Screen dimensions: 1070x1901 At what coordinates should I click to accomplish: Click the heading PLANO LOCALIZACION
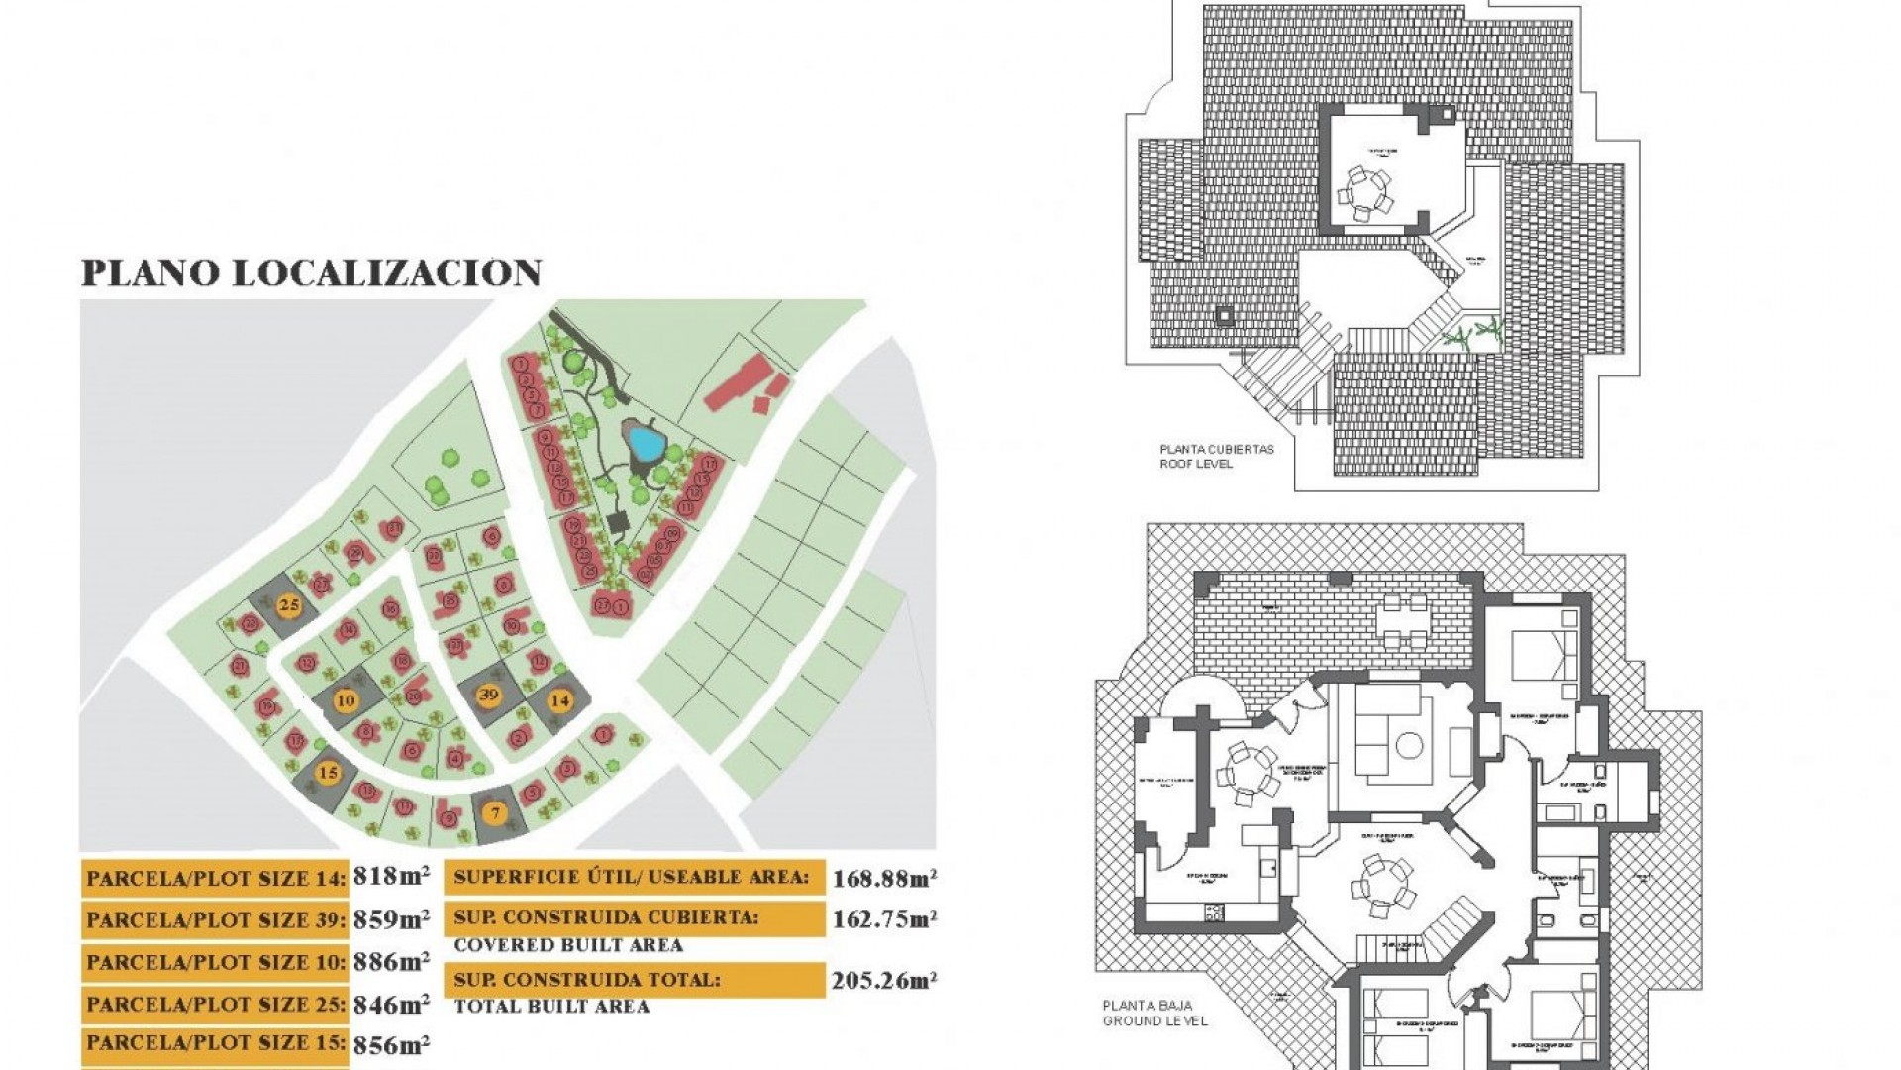311,273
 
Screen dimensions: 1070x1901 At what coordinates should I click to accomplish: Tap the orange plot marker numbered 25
289,605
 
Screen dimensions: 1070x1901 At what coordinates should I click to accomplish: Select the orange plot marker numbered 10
346,700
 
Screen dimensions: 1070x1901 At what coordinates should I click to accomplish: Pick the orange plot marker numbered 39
488,695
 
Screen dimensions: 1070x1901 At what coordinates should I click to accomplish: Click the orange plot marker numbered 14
560,700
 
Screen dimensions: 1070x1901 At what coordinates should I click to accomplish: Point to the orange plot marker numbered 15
328,773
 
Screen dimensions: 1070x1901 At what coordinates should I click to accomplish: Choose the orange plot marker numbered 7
495,814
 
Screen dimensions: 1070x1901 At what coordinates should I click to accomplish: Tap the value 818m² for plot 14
392,877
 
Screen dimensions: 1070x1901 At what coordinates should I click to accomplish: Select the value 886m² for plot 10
392,961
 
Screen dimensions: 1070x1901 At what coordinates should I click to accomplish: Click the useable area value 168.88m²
884,878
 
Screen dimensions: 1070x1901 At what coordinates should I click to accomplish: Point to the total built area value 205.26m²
884,981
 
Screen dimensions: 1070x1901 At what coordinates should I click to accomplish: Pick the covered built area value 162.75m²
884,919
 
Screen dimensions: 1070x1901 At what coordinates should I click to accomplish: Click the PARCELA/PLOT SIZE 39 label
216,920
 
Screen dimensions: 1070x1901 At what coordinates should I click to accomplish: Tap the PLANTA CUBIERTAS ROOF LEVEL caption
1217,456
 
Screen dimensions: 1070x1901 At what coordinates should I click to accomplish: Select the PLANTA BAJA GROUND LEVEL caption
1154,1013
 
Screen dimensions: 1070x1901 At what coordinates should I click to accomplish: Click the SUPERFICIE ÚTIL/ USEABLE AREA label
632,877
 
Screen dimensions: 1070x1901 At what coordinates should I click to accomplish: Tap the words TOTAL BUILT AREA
551,1007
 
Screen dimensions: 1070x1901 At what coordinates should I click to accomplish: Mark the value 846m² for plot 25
392,1004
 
